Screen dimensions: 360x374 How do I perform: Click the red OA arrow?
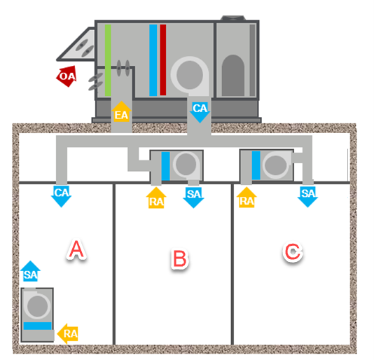pyautogui.click(x=66, y=76)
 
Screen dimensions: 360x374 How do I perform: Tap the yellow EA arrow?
pyautogui.click(x=122, y=113)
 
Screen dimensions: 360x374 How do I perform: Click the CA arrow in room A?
pyautogui.click(x=62, y=195)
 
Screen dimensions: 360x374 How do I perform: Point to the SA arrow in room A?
pyautogui.click(x=29, y=273)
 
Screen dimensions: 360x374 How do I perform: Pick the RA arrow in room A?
pyautogui.click(x=67, y=333)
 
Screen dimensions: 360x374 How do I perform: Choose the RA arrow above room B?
pyautogui.click(x=157, y=198)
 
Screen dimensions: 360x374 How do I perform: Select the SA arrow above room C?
pyautogui.click(x=307, y=195)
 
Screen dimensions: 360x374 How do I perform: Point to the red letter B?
pyautogui.click(x=179, y=258)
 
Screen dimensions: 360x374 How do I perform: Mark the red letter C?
pyautogui.click(x=292, y=253)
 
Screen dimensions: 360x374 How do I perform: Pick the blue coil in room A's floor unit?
pyautogui.click(x=37, y=326)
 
